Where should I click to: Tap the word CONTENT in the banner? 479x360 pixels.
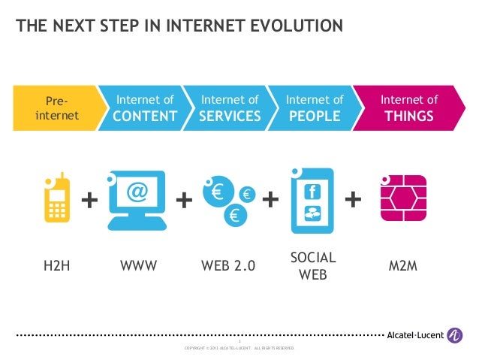[x=146, y=116]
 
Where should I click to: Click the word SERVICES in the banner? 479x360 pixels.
[x=230, y=116]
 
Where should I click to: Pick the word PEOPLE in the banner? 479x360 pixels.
[x=315, y=116]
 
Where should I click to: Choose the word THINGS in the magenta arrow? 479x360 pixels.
[x=408, y=116]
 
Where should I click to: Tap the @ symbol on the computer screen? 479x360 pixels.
[x=137, y=194]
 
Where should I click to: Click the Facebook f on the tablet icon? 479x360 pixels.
[x=312, y=192]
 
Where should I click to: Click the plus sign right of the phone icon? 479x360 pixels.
[x=89, y=200]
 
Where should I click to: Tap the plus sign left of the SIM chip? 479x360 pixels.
[x=353, y=199]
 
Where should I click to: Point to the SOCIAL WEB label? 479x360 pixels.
[x=313, y=266]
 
